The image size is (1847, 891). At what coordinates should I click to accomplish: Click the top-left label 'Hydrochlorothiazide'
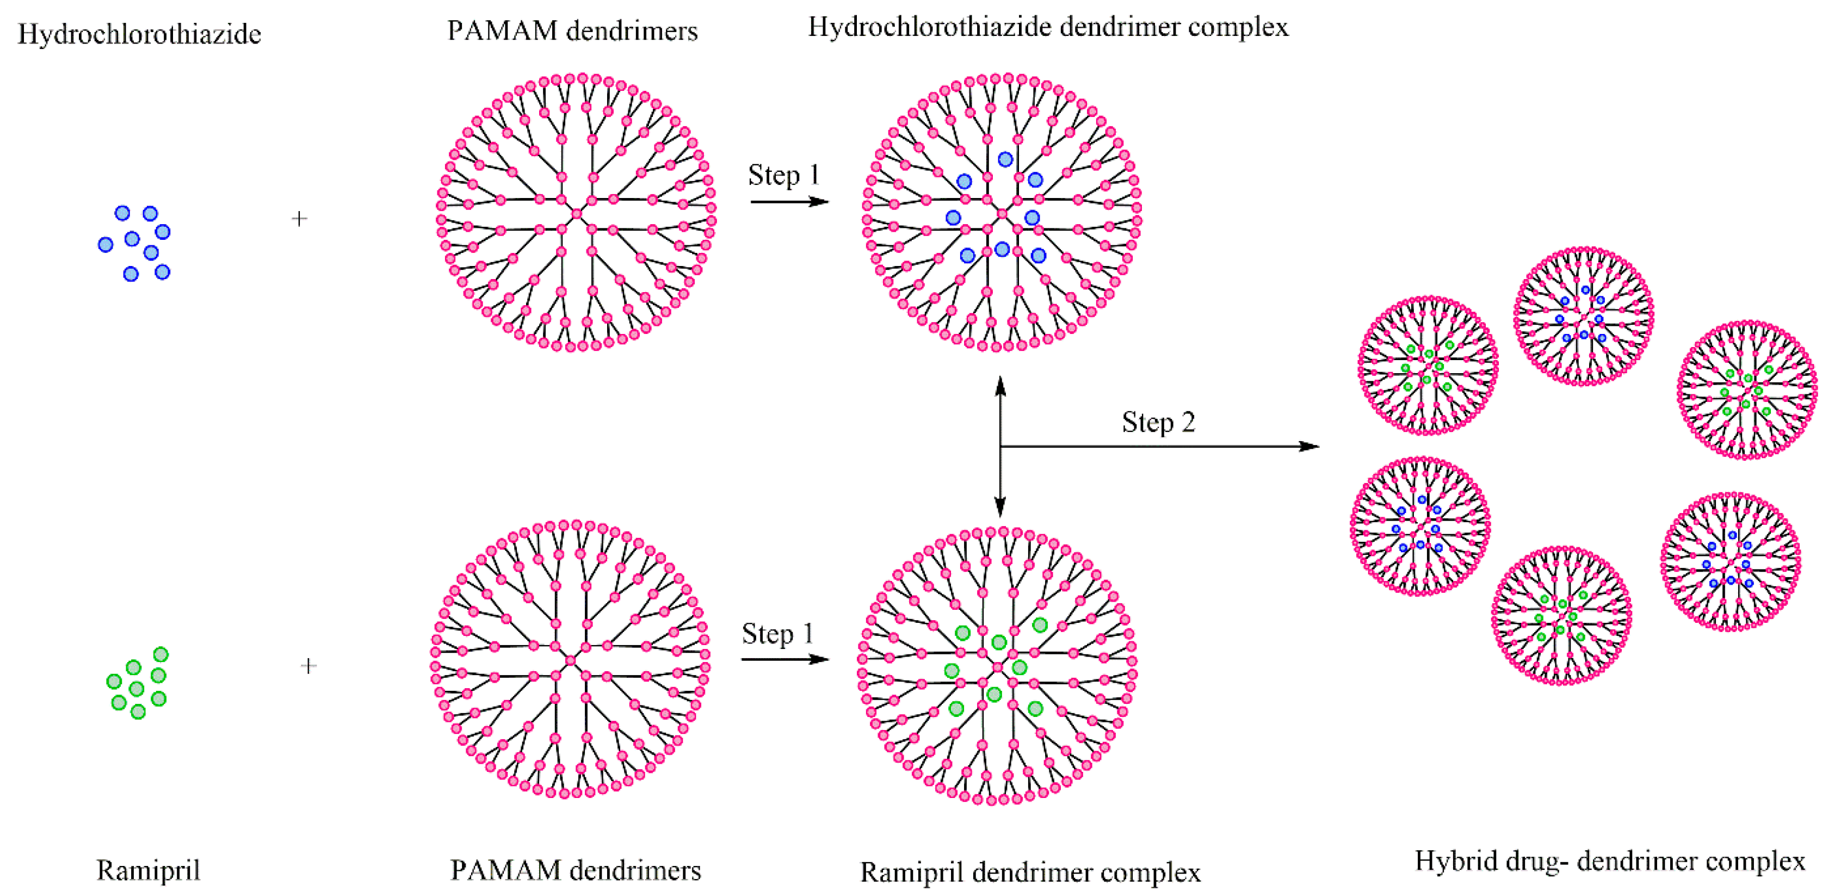click(139, 34)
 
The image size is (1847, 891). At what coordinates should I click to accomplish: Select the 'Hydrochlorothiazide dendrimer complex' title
click(1048, 27)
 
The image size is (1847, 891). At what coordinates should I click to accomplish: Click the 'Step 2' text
click(1158, 422)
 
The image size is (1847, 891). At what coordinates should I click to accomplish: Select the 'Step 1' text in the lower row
click(777, 634)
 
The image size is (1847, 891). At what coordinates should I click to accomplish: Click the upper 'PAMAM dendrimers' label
click(572, 31)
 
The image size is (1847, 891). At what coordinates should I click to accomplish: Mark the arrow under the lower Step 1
click(784, 659)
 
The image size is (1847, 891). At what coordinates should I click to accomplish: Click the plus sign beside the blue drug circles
click(300, 219)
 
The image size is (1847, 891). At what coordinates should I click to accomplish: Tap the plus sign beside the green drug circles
click(308, 666)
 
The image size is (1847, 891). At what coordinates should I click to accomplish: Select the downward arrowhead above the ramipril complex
click(1000, 508)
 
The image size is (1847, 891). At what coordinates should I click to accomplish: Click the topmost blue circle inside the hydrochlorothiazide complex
click(1005, 159)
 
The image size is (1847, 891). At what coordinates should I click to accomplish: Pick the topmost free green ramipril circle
click(160, 654)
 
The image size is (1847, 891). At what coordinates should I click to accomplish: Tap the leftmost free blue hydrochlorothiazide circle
click(106, 244)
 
